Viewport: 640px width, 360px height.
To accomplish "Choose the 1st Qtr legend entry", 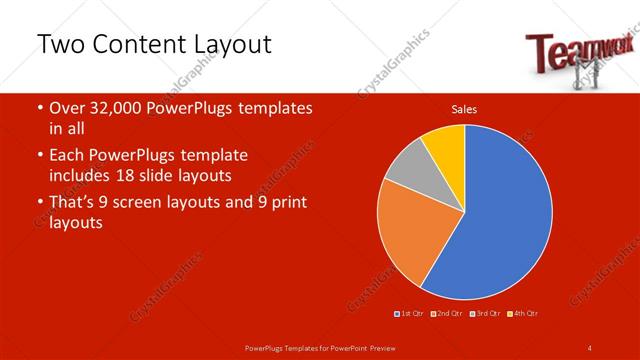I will pyautogui.click(x=411, y=314).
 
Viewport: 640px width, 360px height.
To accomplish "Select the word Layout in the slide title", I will pyautogui.click(x=231, y=46).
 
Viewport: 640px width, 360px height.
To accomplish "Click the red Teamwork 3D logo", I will pyautogui.click(x=565, y=56).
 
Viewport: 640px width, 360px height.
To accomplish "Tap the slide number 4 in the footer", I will pyautogui.click(x=589, y=347).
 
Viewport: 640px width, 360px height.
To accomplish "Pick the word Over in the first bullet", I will pyautogui.click(x=67, y=108).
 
